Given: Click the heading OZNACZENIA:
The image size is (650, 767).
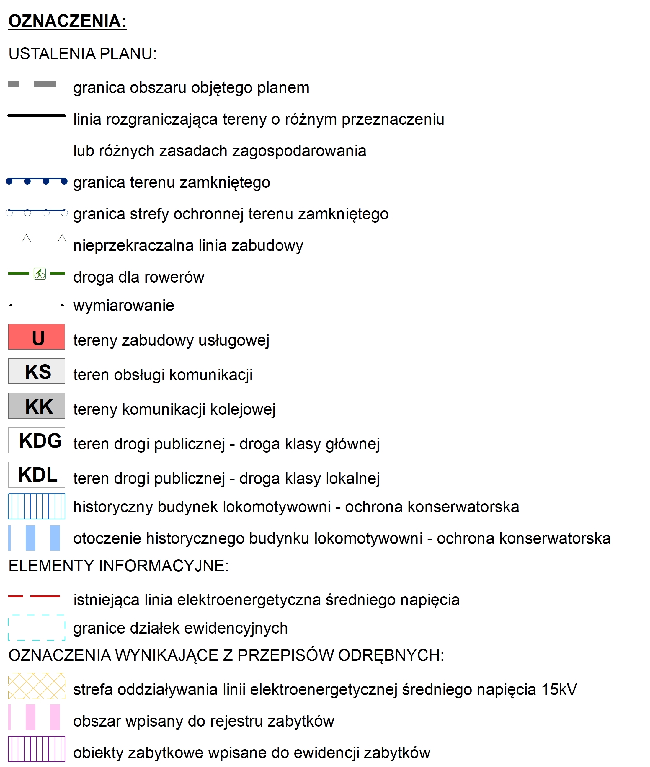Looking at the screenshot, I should point(67,21).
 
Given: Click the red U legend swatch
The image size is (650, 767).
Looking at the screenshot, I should point(37,337).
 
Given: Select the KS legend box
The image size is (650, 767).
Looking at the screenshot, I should point(37,371).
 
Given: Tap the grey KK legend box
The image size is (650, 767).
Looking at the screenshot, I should point(37,406).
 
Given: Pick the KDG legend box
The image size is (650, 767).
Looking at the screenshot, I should point(37,440).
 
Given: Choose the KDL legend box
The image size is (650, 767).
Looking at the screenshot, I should point(37,475).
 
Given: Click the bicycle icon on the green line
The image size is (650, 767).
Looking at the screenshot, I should point(40,273).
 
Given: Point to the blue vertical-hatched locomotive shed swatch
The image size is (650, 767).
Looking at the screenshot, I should point(37,506).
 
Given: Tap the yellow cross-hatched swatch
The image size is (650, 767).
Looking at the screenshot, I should point(37,686).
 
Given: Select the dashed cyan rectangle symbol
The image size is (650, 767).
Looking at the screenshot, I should point(37,628).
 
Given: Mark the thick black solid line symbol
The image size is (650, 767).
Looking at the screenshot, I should point(37,116).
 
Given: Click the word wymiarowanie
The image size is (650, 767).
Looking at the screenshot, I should point(123,306).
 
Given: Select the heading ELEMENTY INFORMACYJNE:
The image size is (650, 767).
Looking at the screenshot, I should point(118,566).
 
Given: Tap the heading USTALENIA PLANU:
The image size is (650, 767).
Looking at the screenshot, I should point(83,54).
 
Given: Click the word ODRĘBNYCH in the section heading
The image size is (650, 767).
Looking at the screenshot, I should point(391,655).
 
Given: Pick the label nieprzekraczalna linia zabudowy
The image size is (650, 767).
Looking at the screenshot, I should point(188,245).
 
